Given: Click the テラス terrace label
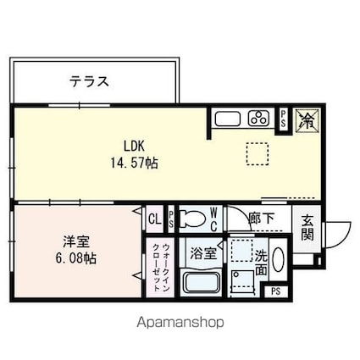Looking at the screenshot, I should (89, 82).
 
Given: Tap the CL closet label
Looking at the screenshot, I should (153, 219).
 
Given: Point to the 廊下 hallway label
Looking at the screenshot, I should (262, 219).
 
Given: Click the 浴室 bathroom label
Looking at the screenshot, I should (202, 252).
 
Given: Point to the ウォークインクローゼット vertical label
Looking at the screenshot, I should (162, 266).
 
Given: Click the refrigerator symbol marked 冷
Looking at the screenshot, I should (307, 119).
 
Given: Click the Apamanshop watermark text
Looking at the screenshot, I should (180, 323).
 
